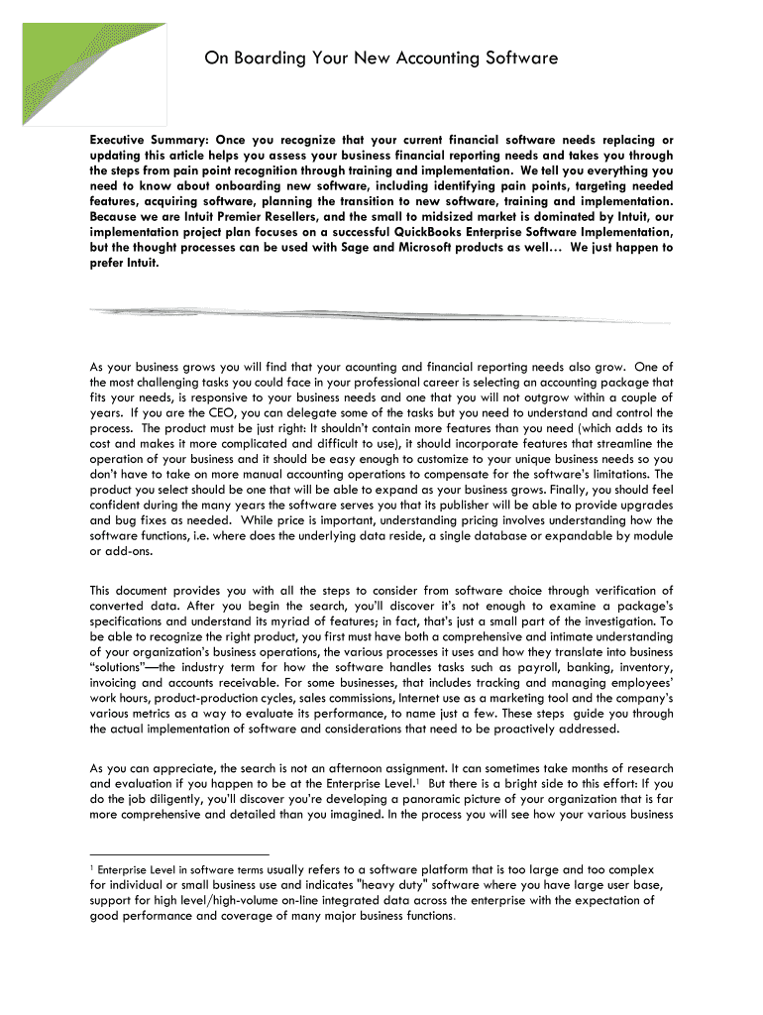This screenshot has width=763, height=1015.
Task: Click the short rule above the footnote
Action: pyautogui.click(x=179, y=853)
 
